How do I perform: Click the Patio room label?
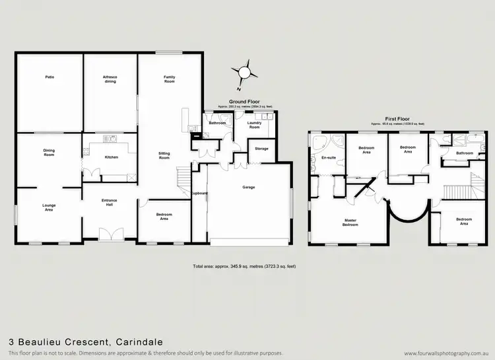pos(49,77)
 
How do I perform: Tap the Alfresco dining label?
pos(110,79)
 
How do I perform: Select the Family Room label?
pos(170,79)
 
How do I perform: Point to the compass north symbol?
pos(245,72)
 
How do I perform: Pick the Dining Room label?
pos(49,152)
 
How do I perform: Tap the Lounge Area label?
pos(49,207)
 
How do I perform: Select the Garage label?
pos(248,187)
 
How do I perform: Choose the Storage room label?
pos(262,149)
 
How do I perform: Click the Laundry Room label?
pos(254,124)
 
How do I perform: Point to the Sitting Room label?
pos(164,156)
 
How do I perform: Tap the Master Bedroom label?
pos(350,223)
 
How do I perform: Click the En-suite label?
pos(328,158)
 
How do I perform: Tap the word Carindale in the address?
pos(139,342)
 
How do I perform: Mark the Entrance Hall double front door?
pos(110,235)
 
